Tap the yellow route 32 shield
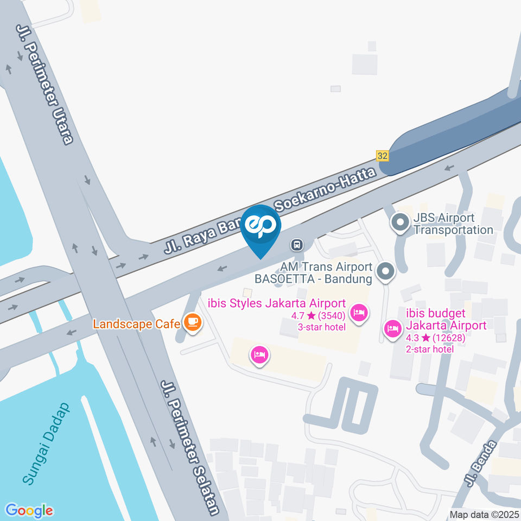383,156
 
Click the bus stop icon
297,245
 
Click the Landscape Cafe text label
136,324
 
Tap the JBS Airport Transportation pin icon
401,223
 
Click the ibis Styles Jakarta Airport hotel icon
358,313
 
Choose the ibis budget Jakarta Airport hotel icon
392,328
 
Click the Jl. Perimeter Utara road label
45,84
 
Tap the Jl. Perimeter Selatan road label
190,447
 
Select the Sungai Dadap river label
47,443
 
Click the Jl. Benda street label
480,464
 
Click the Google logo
29,510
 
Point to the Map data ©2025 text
484,514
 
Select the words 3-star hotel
321,327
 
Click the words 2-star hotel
430,349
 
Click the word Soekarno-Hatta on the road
326,189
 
